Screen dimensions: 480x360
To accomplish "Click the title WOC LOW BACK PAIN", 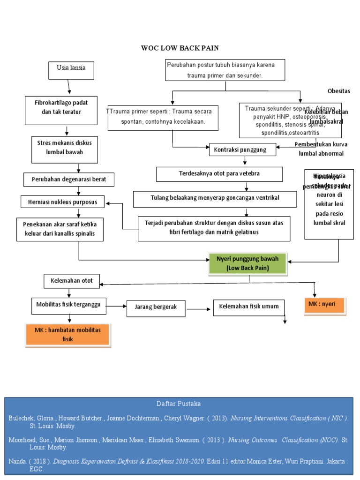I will (180, 48).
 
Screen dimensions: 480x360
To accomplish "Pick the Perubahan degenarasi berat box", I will (69, 180).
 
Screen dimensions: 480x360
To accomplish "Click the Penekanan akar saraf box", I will (60, 229).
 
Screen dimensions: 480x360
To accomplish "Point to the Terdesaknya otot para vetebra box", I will (219, 174).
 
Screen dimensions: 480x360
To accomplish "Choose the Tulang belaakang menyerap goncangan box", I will (215, 198).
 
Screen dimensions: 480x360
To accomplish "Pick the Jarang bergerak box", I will (156, 307).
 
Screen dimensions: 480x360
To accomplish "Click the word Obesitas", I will (338, 91).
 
